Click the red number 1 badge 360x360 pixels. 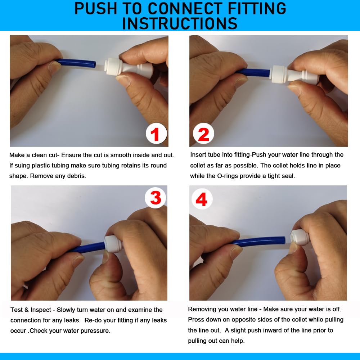pyautogui.click(x=156, y=134)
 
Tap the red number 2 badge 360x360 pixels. pyautogui.click(x=203, y=134)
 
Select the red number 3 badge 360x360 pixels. pyautogui.click(x=156, y=198)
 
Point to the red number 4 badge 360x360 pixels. pyautogui.click(x=202, y=199)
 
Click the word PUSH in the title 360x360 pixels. pyautogui.click(x=96, y=9)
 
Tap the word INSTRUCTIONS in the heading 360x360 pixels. pyautogui.click(x=180, y=23)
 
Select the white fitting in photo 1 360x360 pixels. pyautogui.click(x=129, y=68)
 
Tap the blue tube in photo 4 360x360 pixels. pyautogui.click(x=258, y=240)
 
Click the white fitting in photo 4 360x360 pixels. pyautogui.click(x=300, y=237)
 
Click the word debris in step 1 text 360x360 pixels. pyautogui.click(x=78, y=176)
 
